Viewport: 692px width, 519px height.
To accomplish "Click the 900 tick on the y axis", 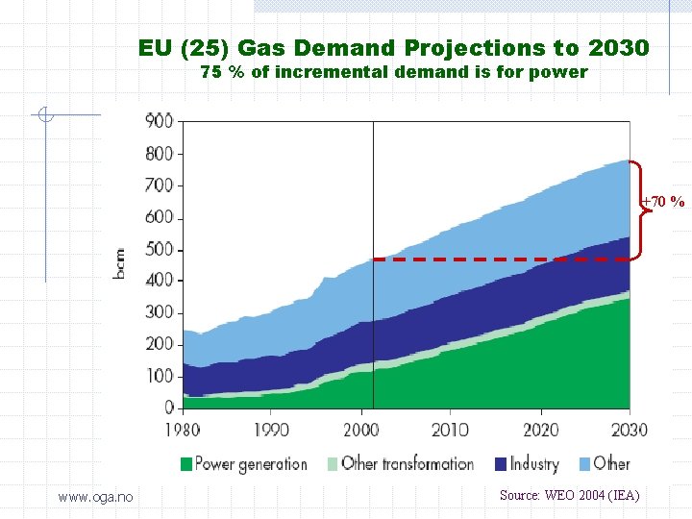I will [x=159, y=121].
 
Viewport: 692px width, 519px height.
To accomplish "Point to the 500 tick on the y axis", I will [x=159, y=249].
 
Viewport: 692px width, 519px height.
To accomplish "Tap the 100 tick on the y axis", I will [x=159, y=376].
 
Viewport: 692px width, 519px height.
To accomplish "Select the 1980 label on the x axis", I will [x=183, y=430].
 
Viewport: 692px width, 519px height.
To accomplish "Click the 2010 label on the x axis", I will [x=450, y=430].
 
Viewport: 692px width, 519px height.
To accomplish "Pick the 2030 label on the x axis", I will [x=629, y=430].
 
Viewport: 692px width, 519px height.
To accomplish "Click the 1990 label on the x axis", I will [x=272, y=430].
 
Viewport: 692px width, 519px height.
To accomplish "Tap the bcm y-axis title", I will [x=119, y=263].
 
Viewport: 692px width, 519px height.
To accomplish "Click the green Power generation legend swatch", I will [x=185, y=464].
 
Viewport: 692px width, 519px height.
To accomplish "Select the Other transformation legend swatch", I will [x=333, y=464].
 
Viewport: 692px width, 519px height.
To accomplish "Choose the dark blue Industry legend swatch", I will [x=501, y=464].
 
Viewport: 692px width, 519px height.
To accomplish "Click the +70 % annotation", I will [x=665, y=202].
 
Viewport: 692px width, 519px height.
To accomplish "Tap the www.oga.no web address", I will [x=95, y=496].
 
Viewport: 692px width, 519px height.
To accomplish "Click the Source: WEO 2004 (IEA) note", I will [x=569, y=495].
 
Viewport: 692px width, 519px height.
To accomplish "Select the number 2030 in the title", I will [x=615, y=48].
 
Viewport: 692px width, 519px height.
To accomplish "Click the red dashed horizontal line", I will [x=500, y=259].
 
